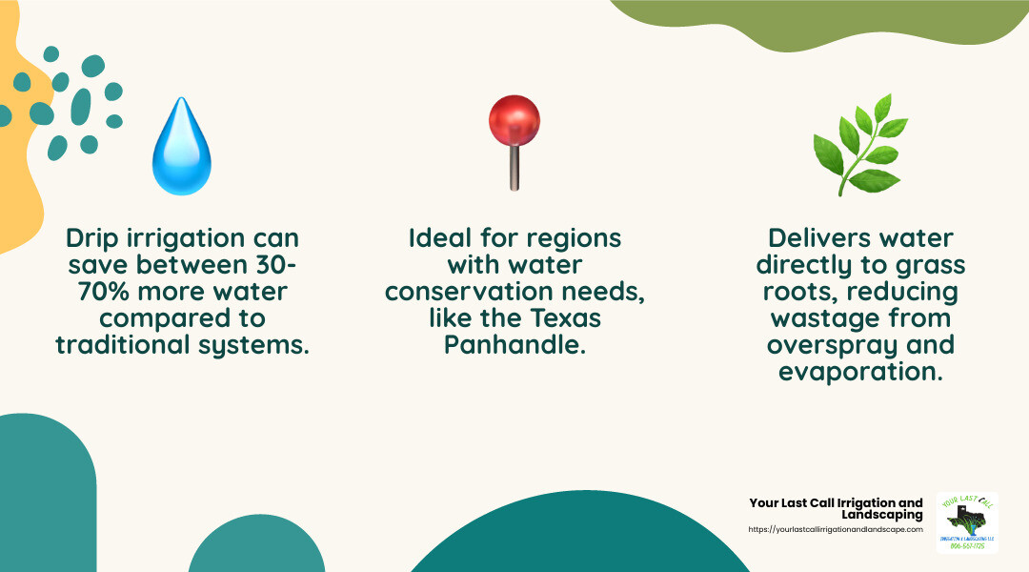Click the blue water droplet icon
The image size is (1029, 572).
(x=181, y=148)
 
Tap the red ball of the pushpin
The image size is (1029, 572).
(x=514, y=118)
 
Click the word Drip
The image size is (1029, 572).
(x=92, y=238)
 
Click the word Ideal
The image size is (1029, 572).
(x=442, y=238)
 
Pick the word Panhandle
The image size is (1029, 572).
(x=514, y=344)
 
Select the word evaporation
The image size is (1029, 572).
(x=860, y=371)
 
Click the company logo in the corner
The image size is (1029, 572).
(x=966, y=522)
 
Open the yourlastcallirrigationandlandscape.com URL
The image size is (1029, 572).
(x=836, y=529)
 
